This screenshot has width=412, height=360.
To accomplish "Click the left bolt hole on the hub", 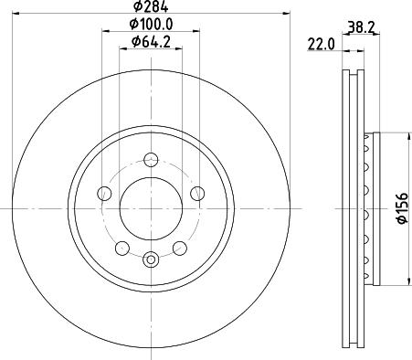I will [104, 193].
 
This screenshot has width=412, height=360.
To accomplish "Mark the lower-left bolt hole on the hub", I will [122, 248].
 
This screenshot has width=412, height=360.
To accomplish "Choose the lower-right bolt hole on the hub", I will [181, 248].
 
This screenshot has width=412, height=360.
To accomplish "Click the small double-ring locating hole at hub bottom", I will [152, 260].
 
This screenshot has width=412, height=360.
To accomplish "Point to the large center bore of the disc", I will [152, 207].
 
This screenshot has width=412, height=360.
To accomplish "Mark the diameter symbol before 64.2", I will [135, 41].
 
